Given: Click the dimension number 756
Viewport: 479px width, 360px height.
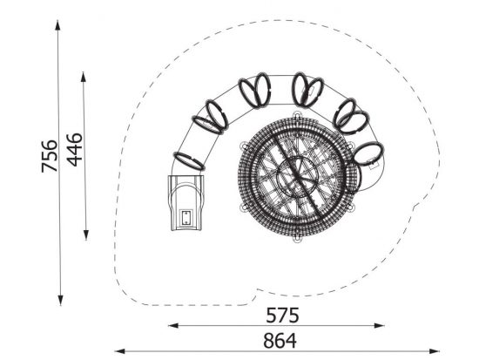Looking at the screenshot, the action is click(50, 156).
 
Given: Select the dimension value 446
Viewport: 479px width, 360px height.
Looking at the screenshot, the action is click(75, 150).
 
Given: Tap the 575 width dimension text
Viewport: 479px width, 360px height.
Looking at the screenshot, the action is click(282, 316).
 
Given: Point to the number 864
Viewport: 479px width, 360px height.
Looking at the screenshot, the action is click(280, 341).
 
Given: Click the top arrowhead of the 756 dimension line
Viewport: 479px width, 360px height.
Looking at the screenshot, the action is click(57, 24).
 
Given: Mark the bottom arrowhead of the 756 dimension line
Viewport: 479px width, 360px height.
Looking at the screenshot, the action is click(60, 301).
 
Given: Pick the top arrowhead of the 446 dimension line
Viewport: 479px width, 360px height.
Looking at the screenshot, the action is click(83, 77).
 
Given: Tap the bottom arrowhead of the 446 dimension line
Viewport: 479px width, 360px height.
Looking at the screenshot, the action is click(86, 234).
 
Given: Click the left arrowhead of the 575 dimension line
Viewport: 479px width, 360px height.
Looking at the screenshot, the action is click(173, 325).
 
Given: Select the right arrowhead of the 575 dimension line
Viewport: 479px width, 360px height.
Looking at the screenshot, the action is click(380, 325).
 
